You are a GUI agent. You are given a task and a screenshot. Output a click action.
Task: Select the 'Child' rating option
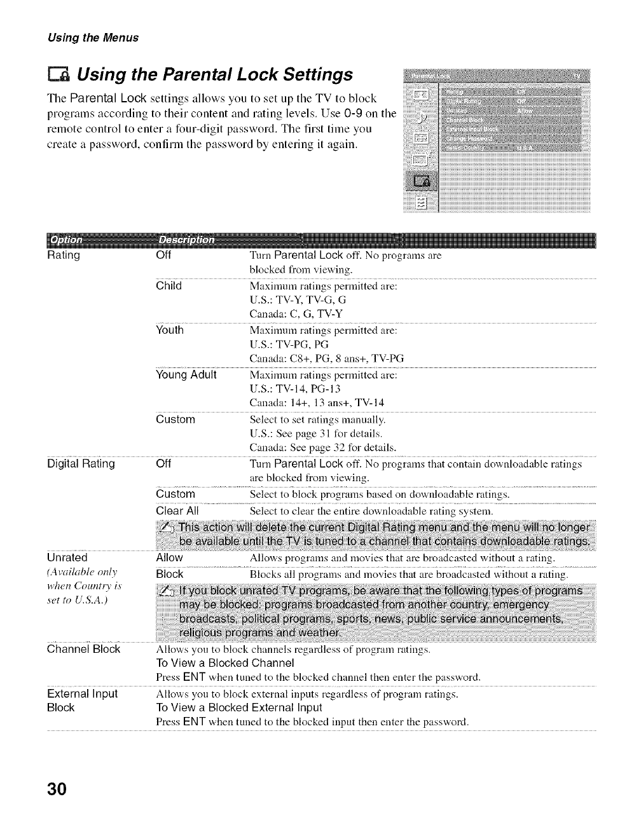[169, 286]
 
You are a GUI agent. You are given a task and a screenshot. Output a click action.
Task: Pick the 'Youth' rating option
[170, 331]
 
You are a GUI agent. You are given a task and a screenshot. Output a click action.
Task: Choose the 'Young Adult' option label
[186, 374]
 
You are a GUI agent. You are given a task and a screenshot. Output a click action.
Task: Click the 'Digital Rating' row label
[81, 464]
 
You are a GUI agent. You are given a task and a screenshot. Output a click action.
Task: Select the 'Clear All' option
[177, 511]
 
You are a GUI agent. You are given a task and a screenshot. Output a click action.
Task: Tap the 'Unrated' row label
[67, 558]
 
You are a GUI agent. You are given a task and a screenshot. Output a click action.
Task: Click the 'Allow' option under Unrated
[169, 558]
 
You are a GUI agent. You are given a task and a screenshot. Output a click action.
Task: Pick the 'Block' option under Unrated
[169, 575]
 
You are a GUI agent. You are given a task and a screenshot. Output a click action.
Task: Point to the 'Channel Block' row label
[84, 650]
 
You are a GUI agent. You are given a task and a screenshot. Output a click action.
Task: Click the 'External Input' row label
[83, 694]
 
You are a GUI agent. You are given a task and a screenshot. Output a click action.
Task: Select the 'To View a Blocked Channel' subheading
[225, 663]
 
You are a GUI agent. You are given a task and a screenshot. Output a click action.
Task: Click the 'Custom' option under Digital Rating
[176, 495]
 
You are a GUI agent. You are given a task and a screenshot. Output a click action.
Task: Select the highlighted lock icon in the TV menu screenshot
[422, 182]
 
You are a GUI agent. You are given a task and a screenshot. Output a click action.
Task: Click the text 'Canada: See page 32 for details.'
[322, 448]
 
